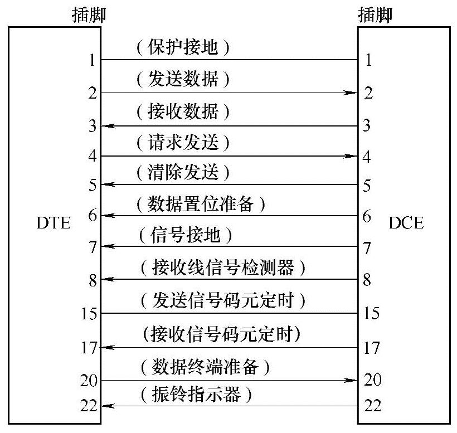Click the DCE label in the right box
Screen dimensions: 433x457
(406, 224)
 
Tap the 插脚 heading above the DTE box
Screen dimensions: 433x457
(89, 15)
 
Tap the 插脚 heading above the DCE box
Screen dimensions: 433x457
(375, 15)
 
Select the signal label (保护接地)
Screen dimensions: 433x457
(183, 48)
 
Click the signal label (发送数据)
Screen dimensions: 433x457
(183, 80)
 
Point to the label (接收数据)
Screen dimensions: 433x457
(183, 112)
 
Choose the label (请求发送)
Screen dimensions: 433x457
(183, 143)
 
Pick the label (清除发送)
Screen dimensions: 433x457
(183, 173)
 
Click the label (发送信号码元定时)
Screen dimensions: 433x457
(222, 301)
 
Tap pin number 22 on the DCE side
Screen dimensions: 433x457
(372, 405)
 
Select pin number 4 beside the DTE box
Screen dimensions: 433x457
(93, 157)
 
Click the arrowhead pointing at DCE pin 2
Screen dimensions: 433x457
(351, 93)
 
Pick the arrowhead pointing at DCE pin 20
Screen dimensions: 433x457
(351, 381)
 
